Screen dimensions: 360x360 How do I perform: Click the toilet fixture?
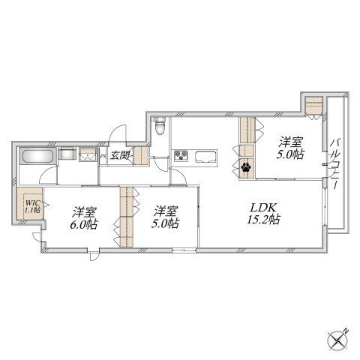[159, 127]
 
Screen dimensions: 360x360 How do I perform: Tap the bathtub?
[37, 156]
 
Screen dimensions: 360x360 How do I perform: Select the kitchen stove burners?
[181, 155]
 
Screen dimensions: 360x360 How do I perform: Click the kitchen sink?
[205, 157]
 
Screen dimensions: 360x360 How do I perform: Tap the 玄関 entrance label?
[120, 156]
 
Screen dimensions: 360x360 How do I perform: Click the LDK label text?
[263, 208]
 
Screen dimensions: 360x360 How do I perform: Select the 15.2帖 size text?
[263, 219]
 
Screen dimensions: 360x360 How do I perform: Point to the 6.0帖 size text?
[83, 224]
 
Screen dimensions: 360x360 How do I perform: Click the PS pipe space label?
[102, 157]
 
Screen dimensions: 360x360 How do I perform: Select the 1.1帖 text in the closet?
[32, 209]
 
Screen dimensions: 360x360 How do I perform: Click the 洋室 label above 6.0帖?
[84, 212]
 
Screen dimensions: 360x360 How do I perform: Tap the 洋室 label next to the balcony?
[291, 142]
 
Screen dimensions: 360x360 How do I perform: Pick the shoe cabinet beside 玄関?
[141, 155]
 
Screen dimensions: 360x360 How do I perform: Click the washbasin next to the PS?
[88, 154]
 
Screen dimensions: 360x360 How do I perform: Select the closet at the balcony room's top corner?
[313, 106]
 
